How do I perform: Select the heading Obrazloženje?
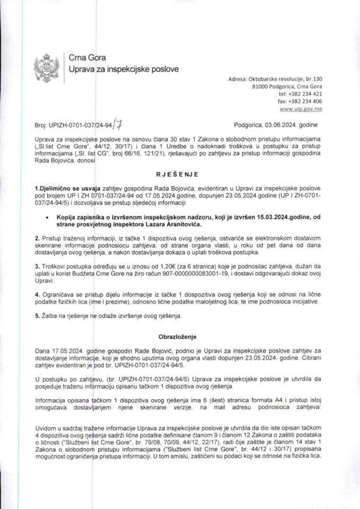pos(180,336)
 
